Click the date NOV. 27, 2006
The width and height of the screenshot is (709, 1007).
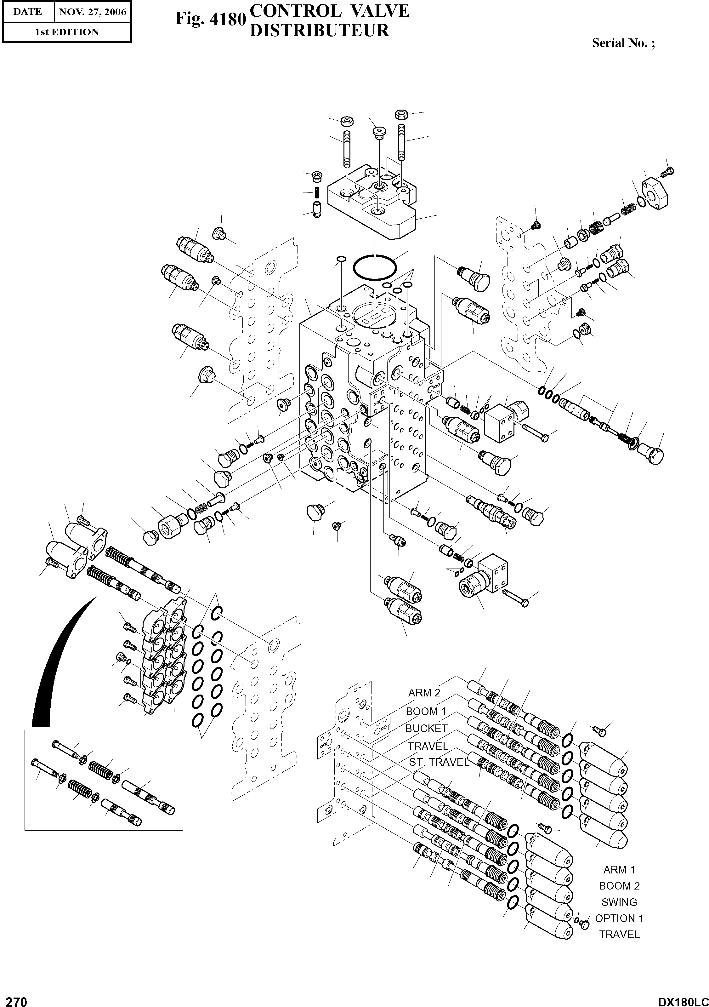click(93, 12)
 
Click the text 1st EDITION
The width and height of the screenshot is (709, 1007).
click(67, 32)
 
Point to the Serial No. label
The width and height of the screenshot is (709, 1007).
click(623, 43)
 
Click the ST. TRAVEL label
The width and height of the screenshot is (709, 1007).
click(439, 762)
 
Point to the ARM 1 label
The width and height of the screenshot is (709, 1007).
click(619, 870)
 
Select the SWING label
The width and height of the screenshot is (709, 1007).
click(619, 902)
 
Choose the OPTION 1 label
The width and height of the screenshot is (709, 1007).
click(619, 918)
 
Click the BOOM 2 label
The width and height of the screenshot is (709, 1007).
click(619, 886)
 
